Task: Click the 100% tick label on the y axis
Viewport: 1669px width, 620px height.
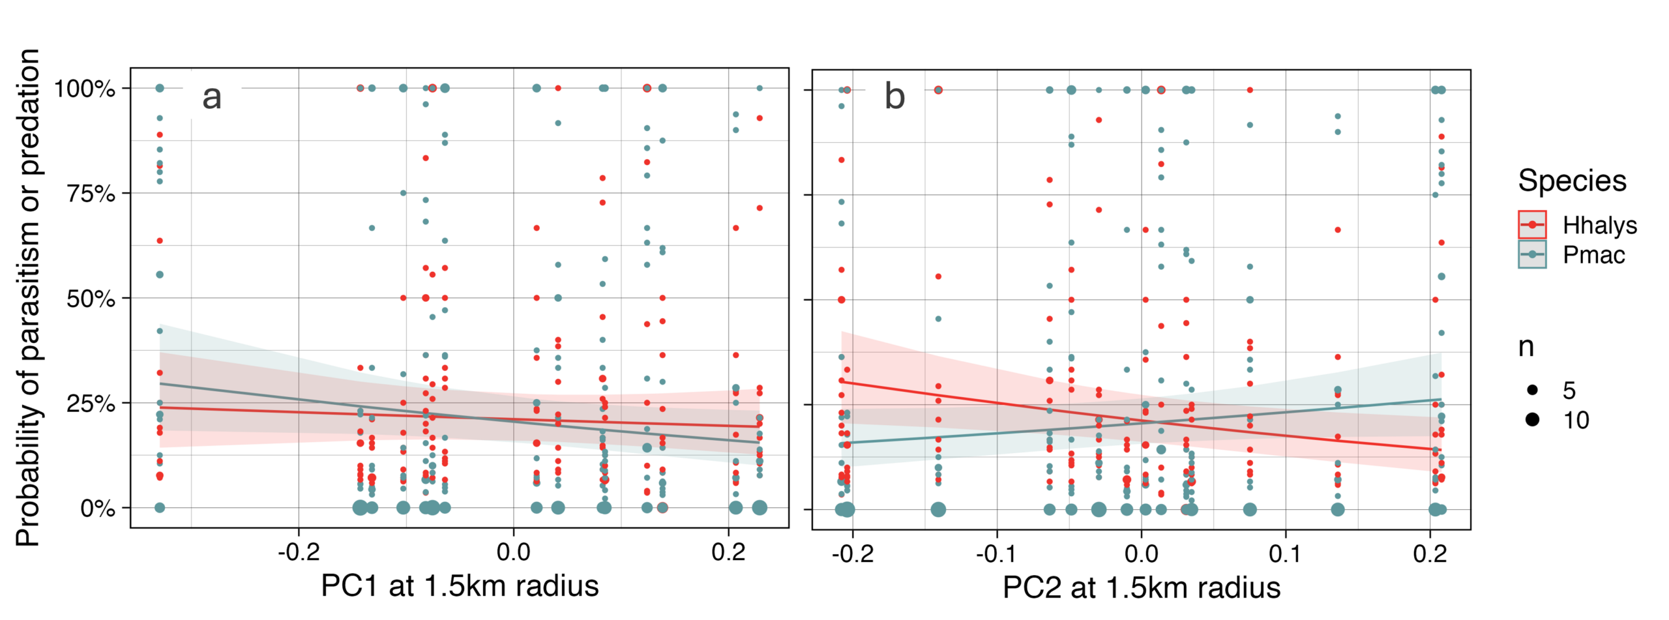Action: (x=85, y=89)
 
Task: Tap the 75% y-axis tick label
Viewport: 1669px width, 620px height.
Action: (x=91, y=194)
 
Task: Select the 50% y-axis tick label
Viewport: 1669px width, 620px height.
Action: (x=91, y=299)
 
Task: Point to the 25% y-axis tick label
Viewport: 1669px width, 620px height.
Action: (x=91, y=404)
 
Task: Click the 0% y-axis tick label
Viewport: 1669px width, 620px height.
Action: (x=97, y=509)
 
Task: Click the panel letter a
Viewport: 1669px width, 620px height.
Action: (x=212, y=97)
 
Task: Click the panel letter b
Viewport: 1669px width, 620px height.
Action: (x=894, y=97)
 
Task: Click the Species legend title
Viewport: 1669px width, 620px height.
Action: (x=1572, y=181)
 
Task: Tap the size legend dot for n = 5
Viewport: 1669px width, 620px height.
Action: (x=1532, y=390)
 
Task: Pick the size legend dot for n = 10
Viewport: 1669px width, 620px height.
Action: (x=1532, y=419)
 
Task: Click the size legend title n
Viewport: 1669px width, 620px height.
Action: (x=1526, y=347)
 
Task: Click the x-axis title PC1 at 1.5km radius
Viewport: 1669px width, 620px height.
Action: (x=460, y=585)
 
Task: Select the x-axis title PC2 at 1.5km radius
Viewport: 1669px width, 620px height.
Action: (x=1141, y=587)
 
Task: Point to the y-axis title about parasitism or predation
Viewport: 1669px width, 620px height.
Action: (x=28, y=297)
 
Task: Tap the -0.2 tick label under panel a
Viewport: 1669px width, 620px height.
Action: (x=299, y=553)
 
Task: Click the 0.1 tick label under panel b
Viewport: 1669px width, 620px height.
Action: (x=1285, y=554)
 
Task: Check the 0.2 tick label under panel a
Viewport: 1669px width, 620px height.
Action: (x=728, y=553)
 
